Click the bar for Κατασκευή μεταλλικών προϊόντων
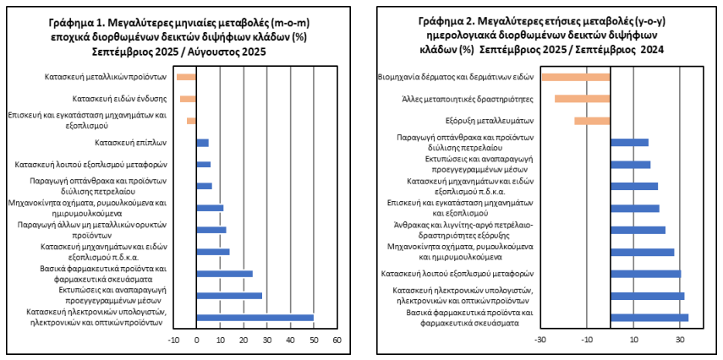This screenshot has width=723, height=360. pyautogui.click(x=186, y=78)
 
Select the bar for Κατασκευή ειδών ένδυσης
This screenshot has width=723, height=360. pyautogui.click(x=189, y=99)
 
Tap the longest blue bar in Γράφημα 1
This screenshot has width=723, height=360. pyautogui.click(x=255, y=318)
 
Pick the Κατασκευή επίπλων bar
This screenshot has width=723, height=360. pyautogui.click(x=202, y=143)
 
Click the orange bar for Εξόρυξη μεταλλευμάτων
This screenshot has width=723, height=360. pyautogui.click(x=592, y=121)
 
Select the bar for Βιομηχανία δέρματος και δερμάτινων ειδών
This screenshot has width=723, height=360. pyautogui.click(x=576, y=77)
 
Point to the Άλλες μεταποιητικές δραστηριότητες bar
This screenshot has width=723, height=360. pyautogui.click(x=582, y=99)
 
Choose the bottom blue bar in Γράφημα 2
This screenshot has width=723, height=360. pyautogui.click(x=649, y=318)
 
